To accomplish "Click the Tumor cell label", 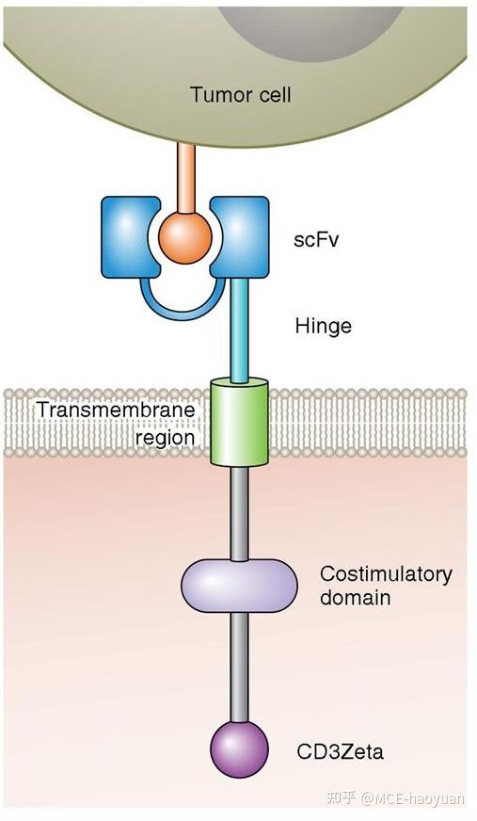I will [x=241, y=95].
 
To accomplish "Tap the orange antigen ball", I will [x=184, y=236].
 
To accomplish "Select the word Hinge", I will [x=323, y=326].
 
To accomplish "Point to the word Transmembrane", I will [x=116, y=410].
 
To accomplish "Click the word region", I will [x=165, y=438].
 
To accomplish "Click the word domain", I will [x=355, y=597].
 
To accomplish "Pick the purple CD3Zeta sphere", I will [x=239, y=749].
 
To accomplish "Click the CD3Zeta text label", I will [x=340, y=752].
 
